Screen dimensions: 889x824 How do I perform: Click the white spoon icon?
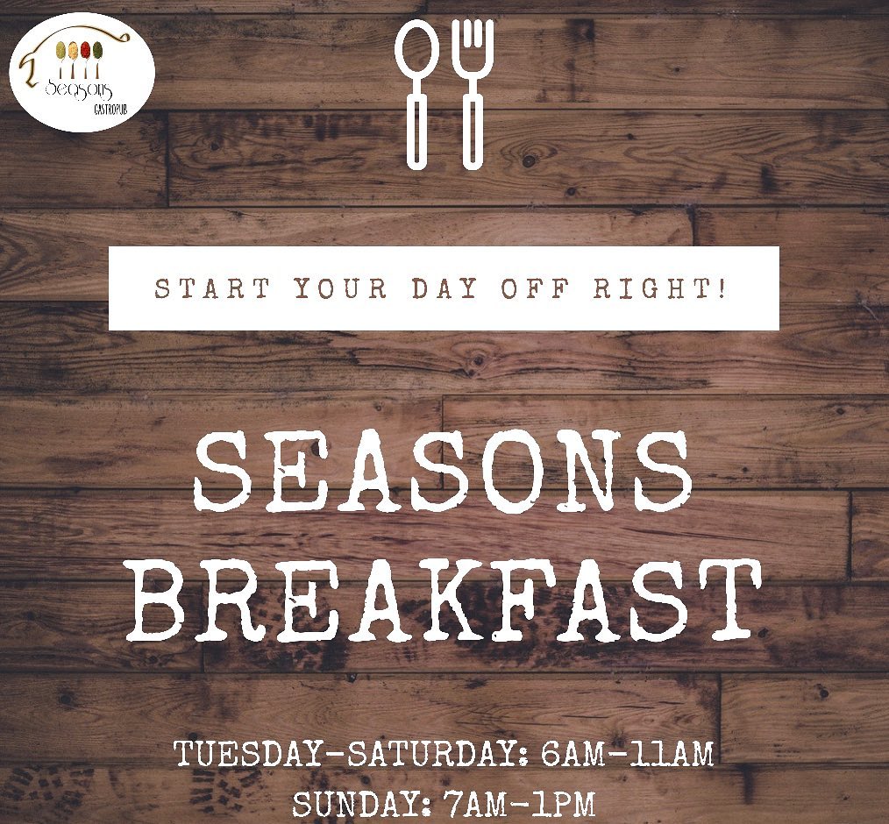tap(418, 94)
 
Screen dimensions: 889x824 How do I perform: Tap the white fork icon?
tap(473, 94)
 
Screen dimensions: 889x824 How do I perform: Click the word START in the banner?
tap(212, 288)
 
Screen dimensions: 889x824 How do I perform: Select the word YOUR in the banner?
tap(340, 288)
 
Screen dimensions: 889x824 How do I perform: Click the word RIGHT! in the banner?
tap(659, 288)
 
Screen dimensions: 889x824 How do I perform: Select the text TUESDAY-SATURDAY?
tap(352, 754)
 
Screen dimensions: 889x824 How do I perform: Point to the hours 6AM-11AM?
tap(627, 754)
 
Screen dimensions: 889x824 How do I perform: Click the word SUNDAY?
tap(362, 804)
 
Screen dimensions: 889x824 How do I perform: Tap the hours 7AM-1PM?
tap(520, 804)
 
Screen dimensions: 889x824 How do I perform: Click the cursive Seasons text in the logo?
tap(78, 89)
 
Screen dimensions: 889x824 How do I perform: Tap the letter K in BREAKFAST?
tap(409, 600)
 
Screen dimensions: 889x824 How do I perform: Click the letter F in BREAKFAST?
tap(478, 600)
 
